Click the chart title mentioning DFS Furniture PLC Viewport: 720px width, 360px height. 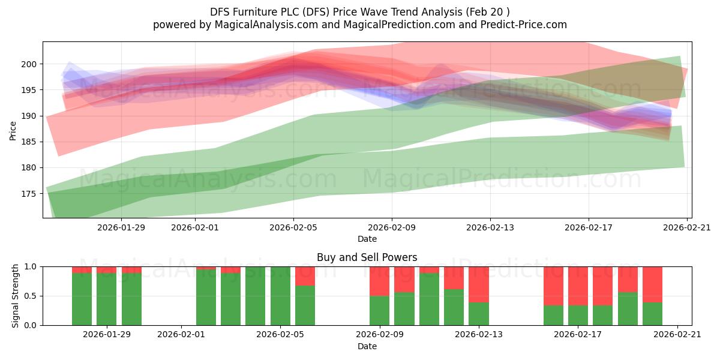click(359, 12)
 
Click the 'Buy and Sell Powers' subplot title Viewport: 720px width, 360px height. click(367, 257)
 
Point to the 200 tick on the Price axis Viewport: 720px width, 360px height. click(29, 64)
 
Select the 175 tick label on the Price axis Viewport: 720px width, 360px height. click(29, 193)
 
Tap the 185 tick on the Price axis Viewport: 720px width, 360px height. click(29, 142)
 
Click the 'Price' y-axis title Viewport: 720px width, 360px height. click(13, 131)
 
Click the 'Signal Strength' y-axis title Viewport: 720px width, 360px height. click(15, 296)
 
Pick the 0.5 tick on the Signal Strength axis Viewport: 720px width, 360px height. click(31, 296)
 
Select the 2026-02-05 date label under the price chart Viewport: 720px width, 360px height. click(293, 227)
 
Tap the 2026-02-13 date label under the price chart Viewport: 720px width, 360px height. click(490, 227)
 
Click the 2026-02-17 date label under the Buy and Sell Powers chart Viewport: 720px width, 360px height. click(578, 334)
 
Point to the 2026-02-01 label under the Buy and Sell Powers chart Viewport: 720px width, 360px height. click(181, 334)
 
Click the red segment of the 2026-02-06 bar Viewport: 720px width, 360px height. click(305, 276)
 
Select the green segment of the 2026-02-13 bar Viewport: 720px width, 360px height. click(479, 314)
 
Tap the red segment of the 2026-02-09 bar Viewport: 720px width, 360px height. click(379, 281)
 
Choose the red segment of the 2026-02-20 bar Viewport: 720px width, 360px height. click(653, 284)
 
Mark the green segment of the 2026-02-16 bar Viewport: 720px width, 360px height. click(553, 316)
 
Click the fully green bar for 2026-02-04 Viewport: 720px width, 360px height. click(255, 296)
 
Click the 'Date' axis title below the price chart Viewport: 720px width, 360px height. click(367, 239)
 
